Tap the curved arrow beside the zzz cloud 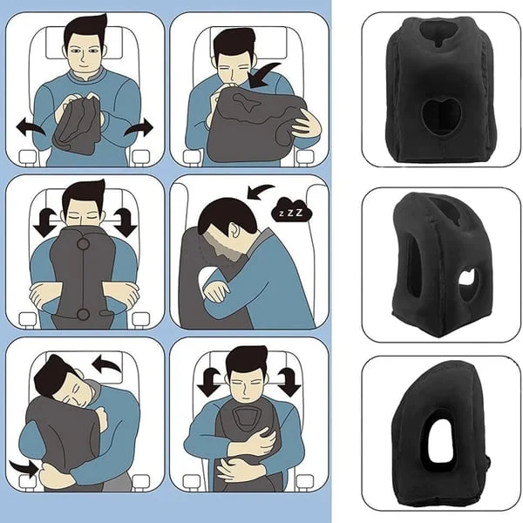(x=259, y=190)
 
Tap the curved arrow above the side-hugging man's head (x=106, y=360)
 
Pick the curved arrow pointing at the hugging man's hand (x=26, y=467)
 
